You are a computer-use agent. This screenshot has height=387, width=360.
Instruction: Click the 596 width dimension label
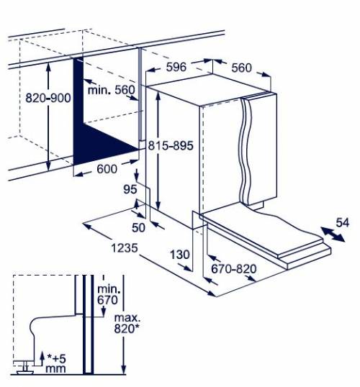click(176, 67)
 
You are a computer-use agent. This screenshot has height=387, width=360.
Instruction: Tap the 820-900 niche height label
click(48, 98)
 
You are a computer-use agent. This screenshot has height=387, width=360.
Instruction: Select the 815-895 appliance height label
click(171, 145)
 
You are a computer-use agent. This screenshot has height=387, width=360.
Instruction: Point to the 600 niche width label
click(107, 169)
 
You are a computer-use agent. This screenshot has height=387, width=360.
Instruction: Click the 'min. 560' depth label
click(112, 90)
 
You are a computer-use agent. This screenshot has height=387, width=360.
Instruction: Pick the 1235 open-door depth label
click(125, 247)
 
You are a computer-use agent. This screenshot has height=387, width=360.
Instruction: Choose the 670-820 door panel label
click(234, 269)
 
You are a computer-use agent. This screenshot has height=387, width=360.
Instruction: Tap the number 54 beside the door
click(343, 222)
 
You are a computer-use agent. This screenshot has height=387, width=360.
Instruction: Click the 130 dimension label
click(180, 255)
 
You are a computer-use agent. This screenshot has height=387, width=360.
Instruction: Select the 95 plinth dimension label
click(130, 189)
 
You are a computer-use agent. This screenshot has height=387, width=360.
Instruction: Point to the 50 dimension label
click(138, 227)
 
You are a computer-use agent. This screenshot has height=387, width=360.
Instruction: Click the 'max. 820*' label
click(127, 323)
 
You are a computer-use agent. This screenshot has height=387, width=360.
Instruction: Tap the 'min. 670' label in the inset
click(108, 295)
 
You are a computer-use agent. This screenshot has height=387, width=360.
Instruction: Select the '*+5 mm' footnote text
click(56, 363)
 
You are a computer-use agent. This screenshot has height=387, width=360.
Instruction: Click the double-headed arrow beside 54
click(333, 235)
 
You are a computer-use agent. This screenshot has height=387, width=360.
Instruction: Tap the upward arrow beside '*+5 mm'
click(42, 358)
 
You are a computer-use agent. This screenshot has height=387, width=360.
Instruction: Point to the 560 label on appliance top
click(241, 68)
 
